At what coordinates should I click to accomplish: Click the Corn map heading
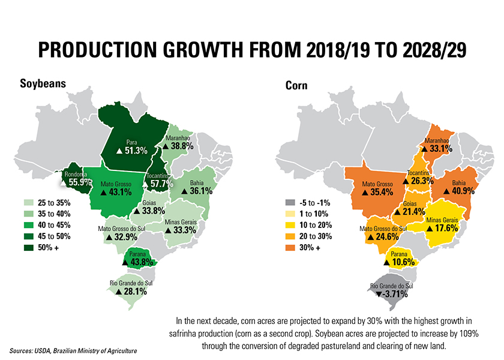coord(296,85)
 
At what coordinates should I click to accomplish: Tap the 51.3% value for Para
coord(136,151)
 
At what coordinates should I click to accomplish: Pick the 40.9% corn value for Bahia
coord(461,190)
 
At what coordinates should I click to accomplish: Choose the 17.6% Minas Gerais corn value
coord(447,228)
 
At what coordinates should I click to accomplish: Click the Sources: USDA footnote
coord(72,350)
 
